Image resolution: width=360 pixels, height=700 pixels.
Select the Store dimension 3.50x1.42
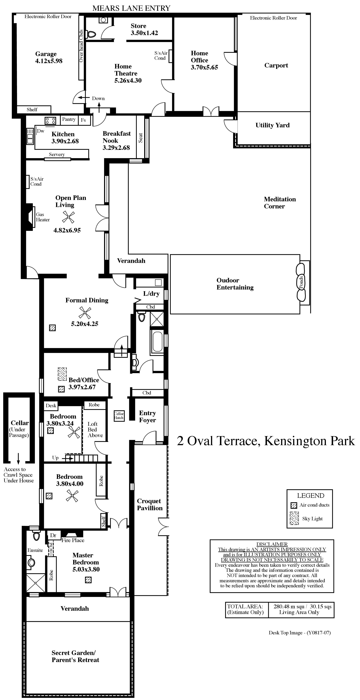click(144, 33)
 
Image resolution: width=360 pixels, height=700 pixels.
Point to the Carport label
click(276, 66)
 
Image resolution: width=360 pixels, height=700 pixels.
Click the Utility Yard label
click(272, 125)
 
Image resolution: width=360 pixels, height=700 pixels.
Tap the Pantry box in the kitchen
click(69, 120)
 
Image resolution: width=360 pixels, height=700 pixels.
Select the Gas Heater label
click(43, 217)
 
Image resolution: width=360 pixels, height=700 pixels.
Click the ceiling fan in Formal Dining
click(85, 312)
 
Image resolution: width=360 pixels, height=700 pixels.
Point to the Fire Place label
click(73, 540)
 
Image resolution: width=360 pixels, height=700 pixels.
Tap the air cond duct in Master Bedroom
click(88, 580)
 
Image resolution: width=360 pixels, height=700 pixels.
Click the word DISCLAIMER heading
click(272, 544)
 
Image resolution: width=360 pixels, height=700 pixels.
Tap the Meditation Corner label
click(280, 203)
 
